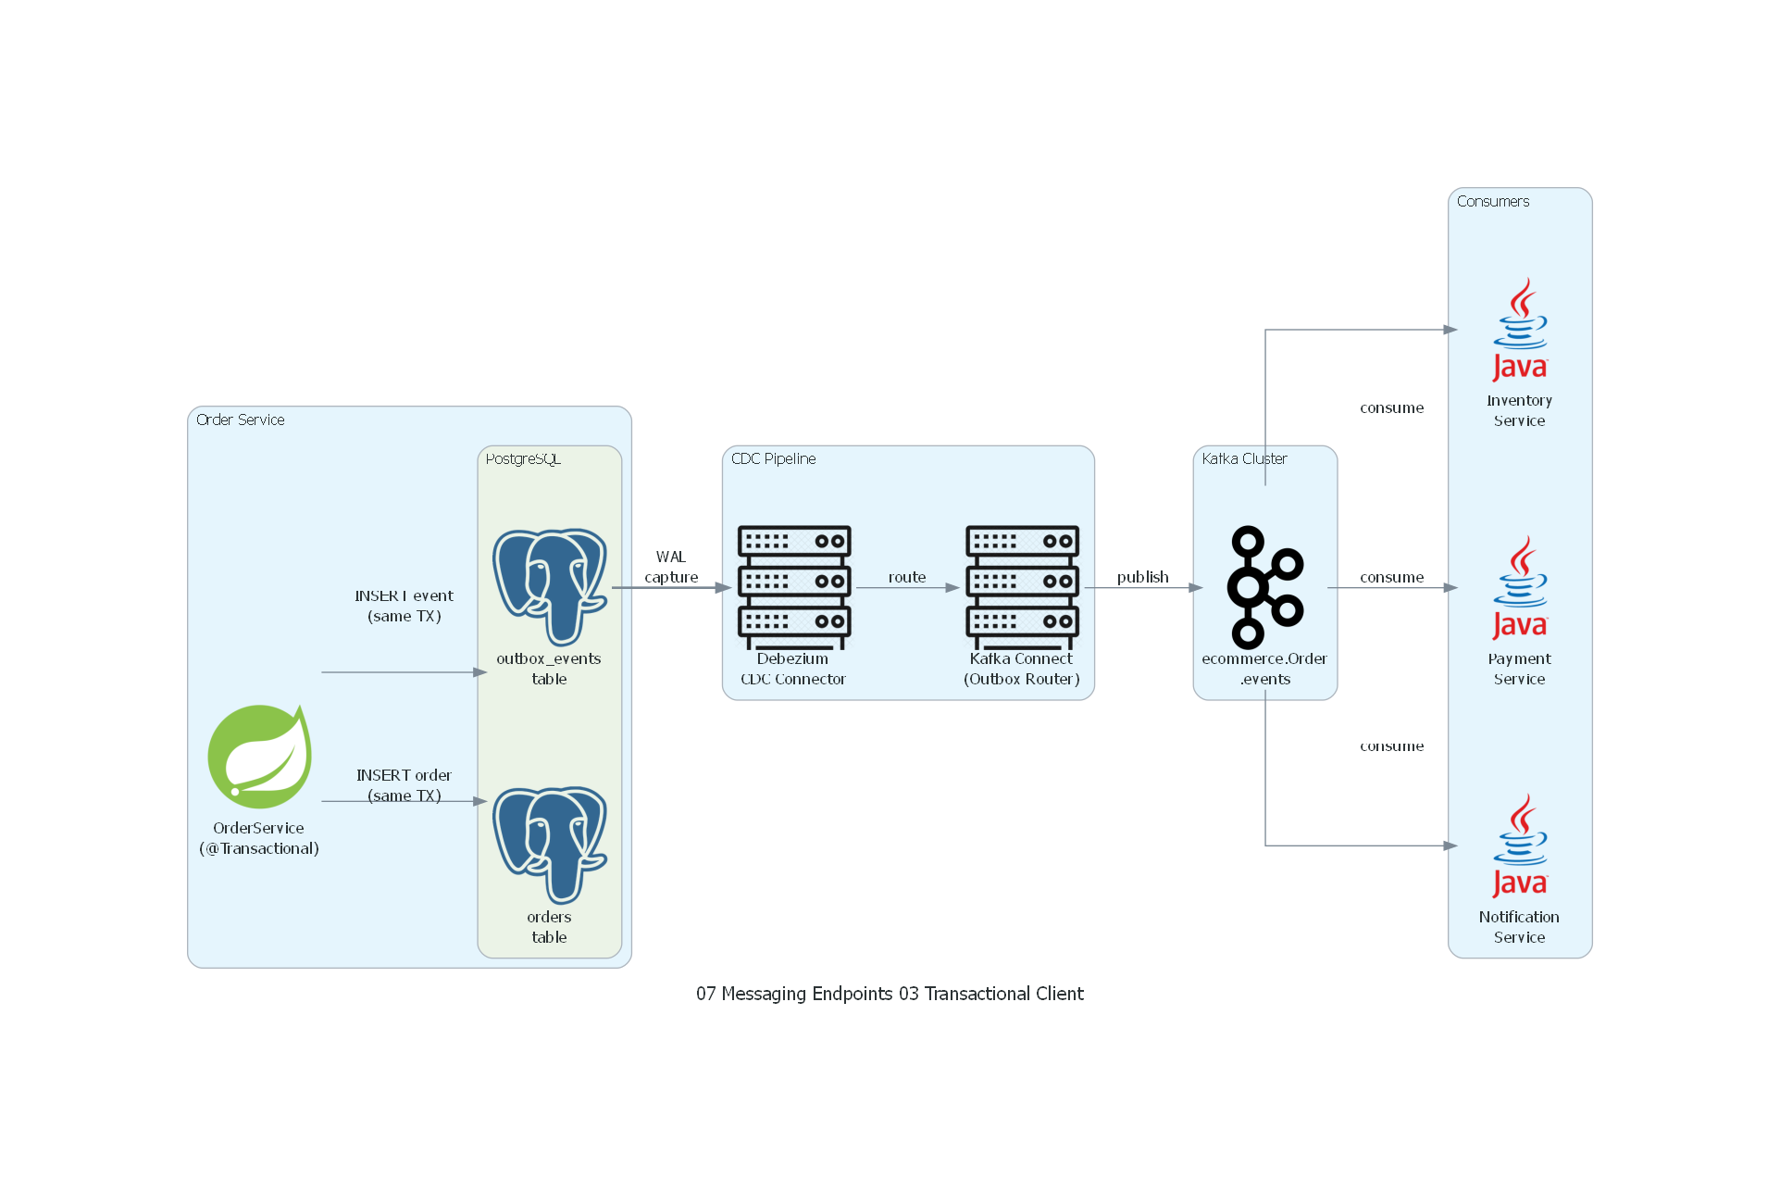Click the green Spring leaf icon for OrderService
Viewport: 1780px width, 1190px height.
click(259, 757)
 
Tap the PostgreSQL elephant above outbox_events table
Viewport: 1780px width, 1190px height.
click(550, 586)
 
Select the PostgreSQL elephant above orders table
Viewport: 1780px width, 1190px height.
click(550, 845)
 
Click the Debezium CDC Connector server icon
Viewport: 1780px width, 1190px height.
click(793, 586)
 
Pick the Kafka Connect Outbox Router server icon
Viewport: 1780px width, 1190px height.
click(1022, 586)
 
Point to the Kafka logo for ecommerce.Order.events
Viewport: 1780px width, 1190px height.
click(1264, 586)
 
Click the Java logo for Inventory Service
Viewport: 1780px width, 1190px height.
click(1520, 330)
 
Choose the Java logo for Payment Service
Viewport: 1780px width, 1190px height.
click(1520, 588)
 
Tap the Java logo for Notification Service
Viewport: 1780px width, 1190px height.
click(1520, 846)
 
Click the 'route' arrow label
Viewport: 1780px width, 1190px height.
click(907, 577)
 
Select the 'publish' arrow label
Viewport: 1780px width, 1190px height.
click(1142, 577)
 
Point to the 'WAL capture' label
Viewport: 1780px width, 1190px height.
click(671, 567)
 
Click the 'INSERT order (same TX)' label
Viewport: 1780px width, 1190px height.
click(404, 785)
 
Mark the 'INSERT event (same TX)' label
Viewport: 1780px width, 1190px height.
click(404, 606)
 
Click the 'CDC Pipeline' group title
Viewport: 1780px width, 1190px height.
click(773, 458)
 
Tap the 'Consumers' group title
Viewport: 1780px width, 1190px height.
click(1492, 201)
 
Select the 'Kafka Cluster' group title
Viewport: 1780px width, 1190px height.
click(1244, 458)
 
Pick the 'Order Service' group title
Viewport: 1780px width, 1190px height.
click(240, 420)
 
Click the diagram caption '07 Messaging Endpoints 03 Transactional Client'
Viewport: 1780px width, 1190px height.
click(890, 994)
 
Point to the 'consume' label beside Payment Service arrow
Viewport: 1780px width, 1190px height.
click(1391, 577)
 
